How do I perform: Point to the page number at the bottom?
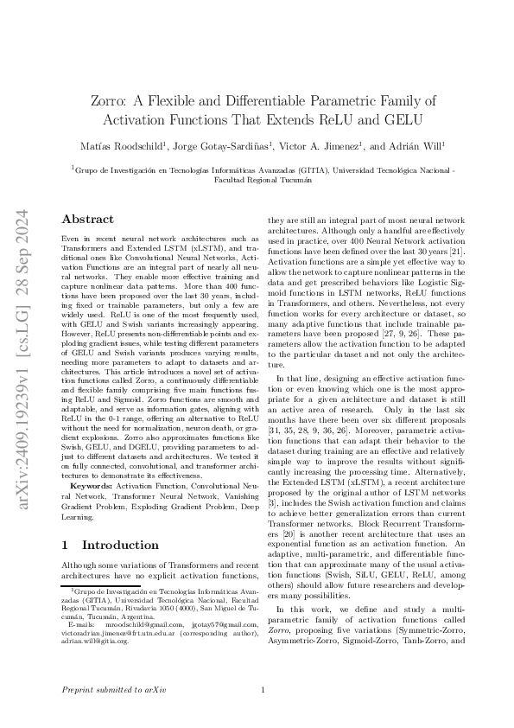coord(263,691)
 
